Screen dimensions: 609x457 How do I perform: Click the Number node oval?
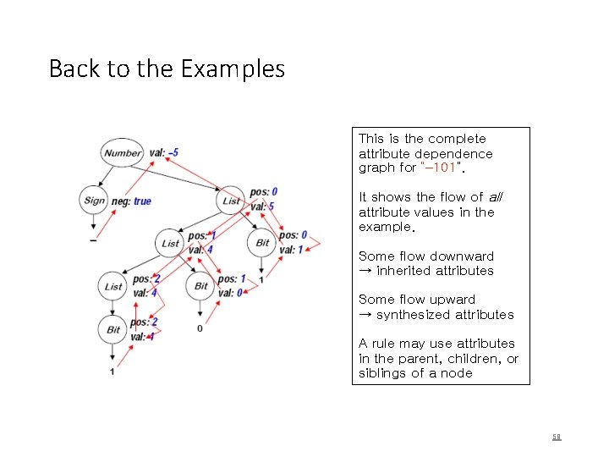[123, 153]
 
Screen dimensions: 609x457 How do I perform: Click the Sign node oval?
[94, 201]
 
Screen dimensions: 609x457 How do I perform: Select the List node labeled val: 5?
[231, 201]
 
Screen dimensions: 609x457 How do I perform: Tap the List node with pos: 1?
[171, 243]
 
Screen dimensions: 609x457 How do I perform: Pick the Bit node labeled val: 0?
[200, 286]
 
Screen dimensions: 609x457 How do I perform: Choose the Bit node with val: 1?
[262, 243]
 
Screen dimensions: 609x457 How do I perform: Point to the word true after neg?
[142, 201]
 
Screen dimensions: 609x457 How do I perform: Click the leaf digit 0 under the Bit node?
[200, 328]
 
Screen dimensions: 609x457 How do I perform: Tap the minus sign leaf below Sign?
[93, 240]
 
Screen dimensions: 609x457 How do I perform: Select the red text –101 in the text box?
[440, 168]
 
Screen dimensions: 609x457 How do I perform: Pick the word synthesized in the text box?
[416, 315]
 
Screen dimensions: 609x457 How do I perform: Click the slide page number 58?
[557, 437]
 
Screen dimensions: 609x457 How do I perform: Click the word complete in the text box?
[457, 139]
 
